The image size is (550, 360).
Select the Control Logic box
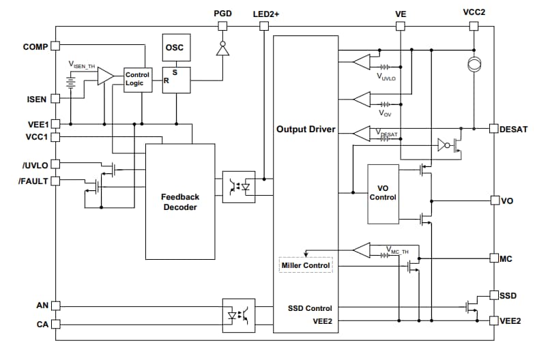tap(137, 79)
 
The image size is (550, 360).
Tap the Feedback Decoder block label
tap(179, 202)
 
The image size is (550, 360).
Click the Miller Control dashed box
tap(306, 265)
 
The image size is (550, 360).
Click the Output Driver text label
tap(306, 129)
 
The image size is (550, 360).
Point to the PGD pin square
tap(222, 27)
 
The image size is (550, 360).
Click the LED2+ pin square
tap(264, 27)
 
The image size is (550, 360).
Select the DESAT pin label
tap(514, 129)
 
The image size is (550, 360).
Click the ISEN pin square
tap(55, 99)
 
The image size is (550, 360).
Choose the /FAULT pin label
tap(33, 181)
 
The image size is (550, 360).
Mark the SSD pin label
tap(508, 296)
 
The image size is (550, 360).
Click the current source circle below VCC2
tap(473, 65)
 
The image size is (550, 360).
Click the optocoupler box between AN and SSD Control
tap(239, 315)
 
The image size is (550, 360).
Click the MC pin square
tap(494, 258)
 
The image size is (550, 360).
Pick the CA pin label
tap(42, 324)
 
